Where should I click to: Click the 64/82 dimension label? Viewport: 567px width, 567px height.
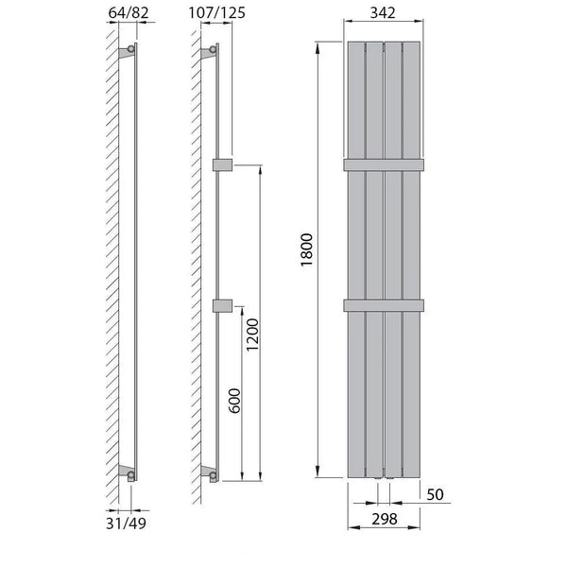(129, 12)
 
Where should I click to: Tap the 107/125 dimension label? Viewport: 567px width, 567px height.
(217, 12)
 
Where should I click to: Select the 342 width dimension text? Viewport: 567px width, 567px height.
(383, 12)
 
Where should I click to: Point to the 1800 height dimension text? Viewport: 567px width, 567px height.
(306, 249)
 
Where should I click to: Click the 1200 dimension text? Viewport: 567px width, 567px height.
(252, 335)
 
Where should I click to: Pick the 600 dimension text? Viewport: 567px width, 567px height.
(234, 401)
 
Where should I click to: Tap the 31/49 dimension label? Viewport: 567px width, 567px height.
(126, 524)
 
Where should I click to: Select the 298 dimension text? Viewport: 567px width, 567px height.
(385, 519)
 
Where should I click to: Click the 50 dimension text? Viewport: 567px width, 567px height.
(435, 494)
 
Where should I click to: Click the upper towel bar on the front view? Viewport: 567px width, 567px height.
(384, 164)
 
